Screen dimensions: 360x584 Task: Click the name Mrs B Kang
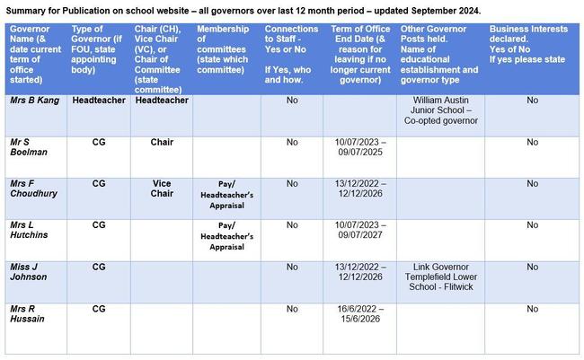tap(35, 101)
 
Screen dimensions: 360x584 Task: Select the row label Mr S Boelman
tap(28, 147)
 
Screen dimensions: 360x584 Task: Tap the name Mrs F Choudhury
tap(34, 189)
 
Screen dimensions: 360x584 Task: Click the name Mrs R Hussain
tap(30, 313)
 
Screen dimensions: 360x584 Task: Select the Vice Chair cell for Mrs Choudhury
tap(162, 189)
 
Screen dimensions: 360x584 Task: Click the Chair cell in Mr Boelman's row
tap(162, 142)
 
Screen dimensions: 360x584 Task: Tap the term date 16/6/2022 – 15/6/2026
tap(358, 313)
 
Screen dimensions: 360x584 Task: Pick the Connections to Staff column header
tap(291, 48)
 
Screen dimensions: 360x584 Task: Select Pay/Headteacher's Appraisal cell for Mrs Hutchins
tap(226, 235)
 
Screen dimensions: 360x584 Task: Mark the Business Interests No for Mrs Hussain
tap(532, 309)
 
